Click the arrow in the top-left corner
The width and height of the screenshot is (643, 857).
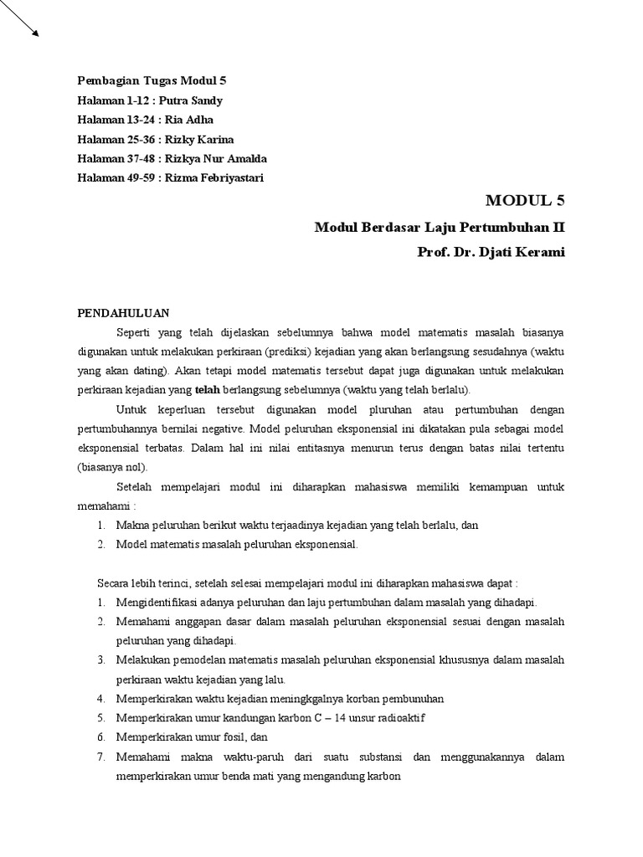(20, 18)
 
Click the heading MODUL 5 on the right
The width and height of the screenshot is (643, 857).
(525, 200)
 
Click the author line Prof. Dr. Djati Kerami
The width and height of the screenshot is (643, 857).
(491, 251)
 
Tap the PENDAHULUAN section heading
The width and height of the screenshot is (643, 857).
(123, 314)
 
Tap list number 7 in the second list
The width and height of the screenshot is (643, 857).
(100, 757)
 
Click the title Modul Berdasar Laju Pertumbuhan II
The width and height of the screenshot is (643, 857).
(440, 227)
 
